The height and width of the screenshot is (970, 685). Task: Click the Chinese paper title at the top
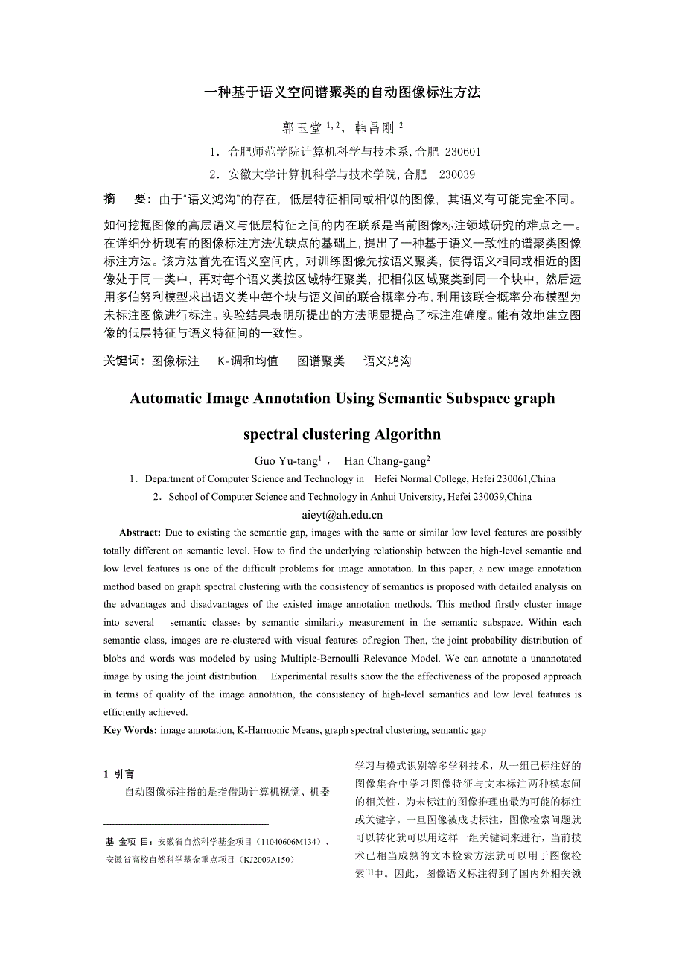pos(342,92)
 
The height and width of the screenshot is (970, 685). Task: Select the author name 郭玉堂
pos(301,127)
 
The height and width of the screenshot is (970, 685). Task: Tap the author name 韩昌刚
pos(375,127)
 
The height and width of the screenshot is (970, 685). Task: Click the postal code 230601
pos(462,152)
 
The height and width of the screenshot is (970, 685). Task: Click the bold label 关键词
pos(124,361)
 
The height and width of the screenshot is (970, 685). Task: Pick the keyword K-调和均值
pos(248,361)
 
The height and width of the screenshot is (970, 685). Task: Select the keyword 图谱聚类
pos(321,361)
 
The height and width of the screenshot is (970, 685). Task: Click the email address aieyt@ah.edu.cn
pos(342,514)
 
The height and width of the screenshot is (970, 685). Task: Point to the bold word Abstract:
pos(140,533)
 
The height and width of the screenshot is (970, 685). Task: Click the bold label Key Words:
pos(130,730)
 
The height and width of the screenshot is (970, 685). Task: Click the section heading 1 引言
pos(119,774)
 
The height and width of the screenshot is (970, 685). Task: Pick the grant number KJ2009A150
pos(262,860)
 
